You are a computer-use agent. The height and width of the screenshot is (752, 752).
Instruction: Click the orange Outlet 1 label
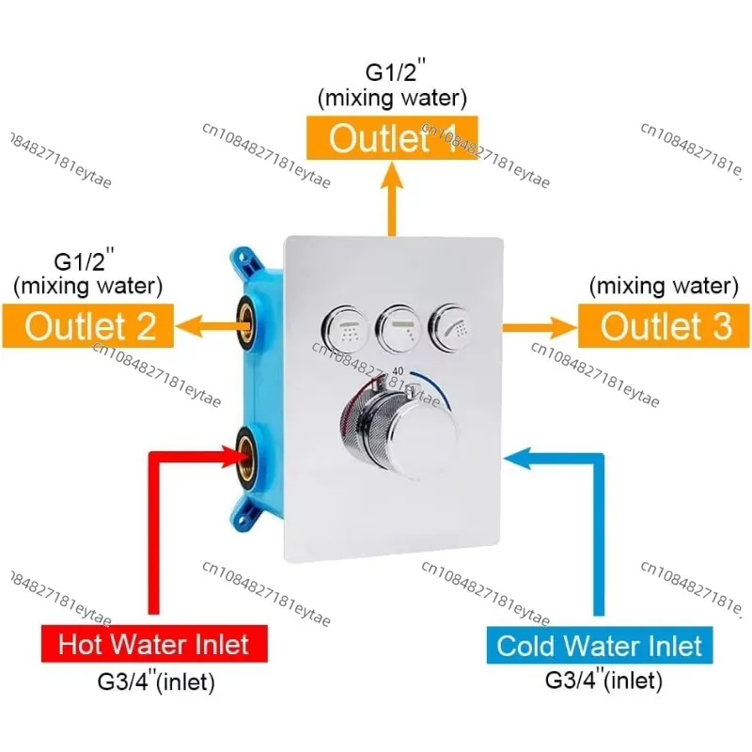point(392,137)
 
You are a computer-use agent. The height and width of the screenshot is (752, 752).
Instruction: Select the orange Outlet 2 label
point(87,325)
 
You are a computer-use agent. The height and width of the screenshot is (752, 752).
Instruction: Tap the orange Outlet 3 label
point(665,325)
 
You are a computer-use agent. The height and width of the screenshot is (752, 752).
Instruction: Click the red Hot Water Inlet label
point(154,644)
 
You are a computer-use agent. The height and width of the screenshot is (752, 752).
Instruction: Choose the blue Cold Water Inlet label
point(600,645)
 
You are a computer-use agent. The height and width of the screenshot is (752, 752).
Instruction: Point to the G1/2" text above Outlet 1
point(395,70)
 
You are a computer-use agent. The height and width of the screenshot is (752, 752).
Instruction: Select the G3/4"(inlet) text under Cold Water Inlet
point(603,680)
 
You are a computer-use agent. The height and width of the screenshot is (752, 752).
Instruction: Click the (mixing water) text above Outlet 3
point(664,286)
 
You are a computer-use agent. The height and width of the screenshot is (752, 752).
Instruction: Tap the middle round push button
point(398,328)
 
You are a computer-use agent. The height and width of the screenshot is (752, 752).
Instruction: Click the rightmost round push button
point(451,326)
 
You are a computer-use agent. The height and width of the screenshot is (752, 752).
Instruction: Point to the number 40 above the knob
point(398,371)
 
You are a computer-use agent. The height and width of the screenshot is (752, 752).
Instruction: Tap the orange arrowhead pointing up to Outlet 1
point(392,175)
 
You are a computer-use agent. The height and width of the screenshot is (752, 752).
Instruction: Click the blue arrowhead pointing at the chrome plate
point(518,458)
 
